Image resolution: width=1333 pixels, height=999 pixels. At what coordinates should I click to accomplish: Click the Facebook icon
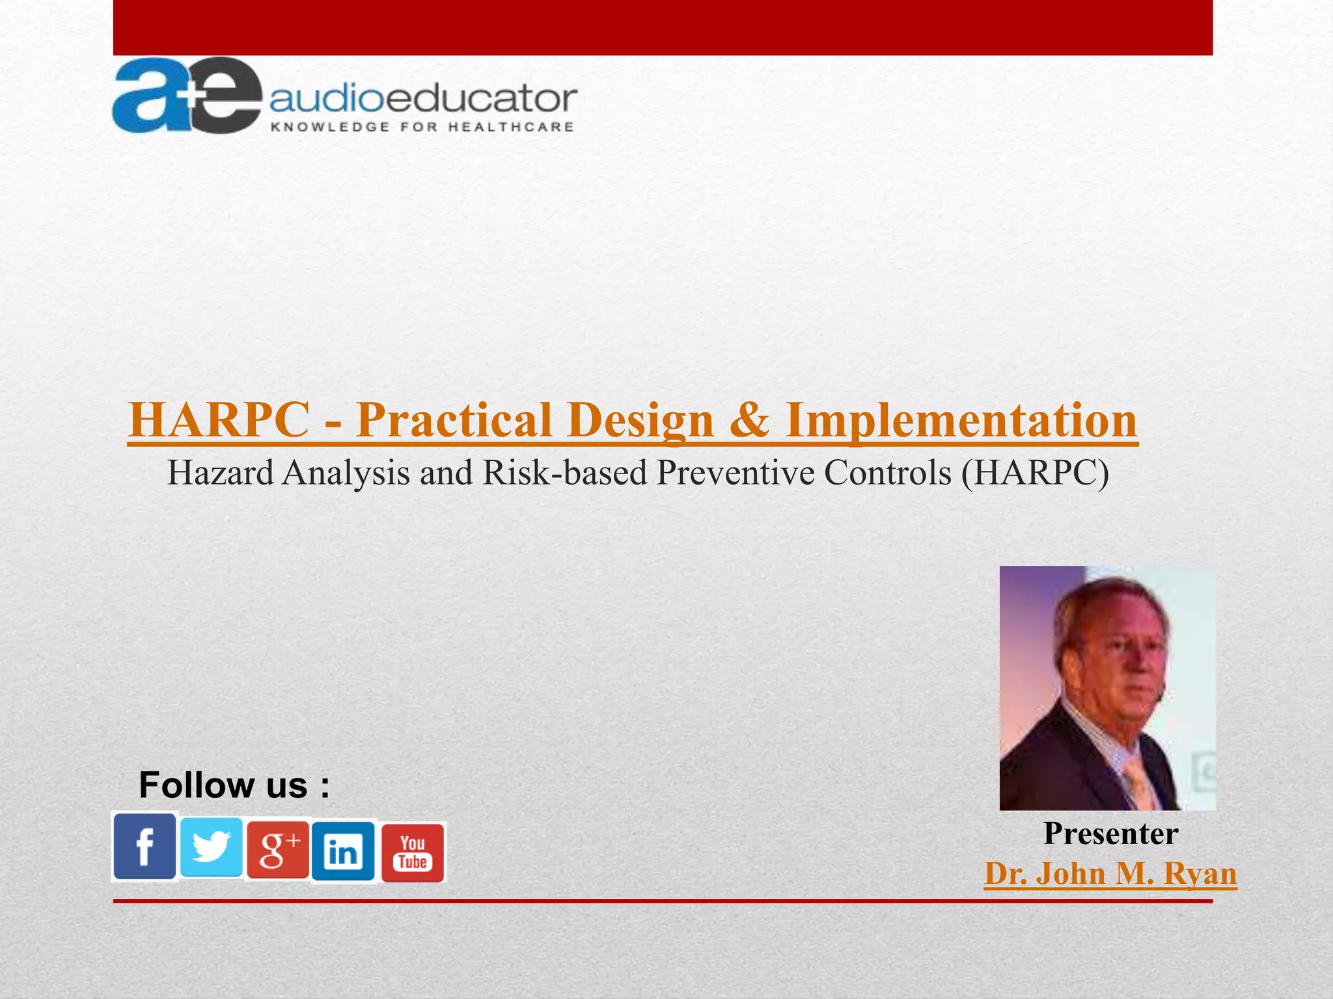point(144,846)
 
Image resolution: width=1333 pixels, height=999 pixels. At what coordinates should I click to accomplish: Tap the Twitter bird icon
point(211,846)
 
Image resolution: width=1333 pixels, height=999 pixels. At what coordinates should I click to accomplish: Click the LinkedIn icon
point(343,851)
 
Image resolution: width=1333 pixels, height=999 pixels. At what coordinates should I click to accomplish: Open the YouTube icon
point(413,853)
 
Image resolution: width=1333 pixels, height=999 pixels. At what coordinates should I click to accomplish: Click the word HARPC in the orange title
point(219,420)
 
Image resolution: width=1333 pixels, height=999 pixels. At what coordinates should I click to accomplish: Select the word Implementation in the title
point(961,420)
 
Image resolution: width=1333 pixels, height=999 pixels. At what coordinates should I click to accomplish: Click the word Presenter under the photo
point(1110,833)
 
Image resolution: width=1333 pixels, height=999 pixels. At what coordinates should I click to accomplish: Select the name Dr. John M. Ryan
point(1110,873)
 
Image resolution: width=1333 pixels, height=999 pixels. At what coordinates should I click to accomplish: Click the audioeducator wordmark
point(423,100)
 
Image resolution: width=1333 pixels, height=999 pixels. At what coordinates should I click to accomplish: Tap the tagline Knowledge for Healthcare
point(422,127)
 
